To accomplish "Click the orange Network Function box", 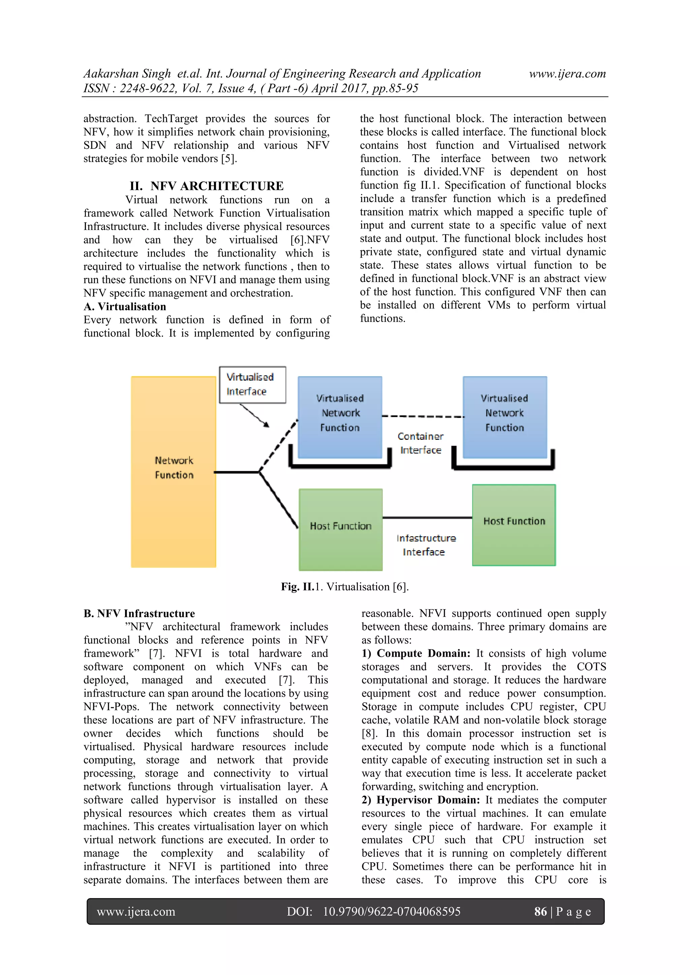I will [174, 472].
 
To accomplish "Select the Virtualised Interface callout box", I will [252, 384].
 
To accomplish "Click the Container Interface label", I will [420, 443].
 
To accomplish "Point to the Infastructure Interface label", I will [426, 545].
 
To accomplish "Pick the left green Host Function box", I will [340, 529].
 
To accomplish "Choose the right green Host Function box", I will [514, 525].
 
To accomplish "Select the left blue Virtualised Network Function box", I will [340, 417].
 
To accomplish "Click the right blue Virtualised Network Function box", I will [505, 417].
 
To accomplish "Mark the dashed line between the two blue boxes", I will [423, 416].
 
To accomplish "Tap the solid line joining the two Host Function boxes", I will [427, 518].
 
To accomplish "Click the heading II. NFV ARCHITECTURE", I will [207, 186].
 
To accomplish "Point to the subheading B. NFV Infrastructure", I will [139, 613].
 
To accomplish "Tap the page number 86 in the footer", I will [540, 911].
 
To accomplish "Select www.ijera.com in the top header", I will [567, 74].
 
